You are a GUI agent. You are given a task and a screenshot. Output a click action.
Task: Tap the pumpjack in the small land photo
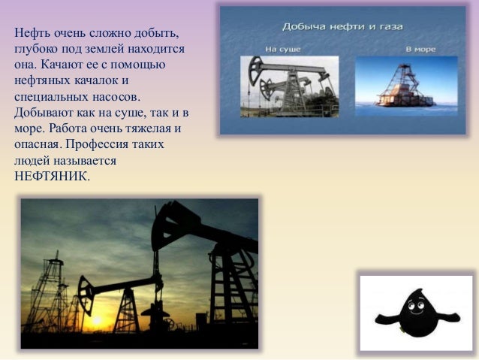(289, 85)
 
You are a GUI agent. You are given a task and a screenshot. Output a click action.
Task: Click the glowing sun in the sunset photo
(96, 321)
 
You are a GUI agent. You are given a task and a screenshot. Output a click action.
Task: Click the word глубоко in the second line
(36, 49)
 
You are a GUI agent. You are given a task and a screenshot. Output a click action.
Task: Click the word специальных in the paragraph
(50, 97)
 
